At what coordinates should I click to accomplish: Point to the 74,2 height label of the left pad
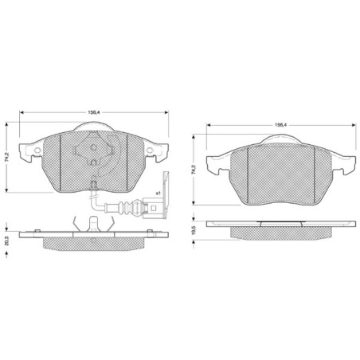point(7,157)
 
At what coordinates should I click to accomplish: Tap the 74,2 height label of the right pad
point(194,170)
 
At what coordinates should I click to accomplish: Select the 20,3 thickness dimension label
point(7,241)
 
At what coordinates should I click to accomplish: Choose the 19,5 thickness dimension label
point(194,230)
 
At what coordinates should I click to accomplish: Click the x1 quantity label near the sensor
point(158,193)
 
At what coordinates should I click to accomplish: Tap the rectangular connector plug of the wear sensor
point(152,208)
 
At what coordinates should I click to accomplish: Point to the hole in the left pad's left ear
point(38,151)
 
